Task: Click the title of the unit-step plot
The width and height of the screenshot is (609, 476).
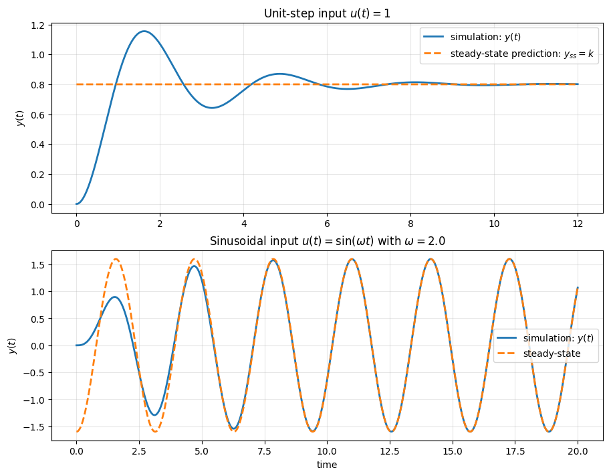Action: tap(328, 13)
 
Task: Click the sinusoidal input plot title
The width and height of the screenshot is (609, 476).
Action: tap(328, 241)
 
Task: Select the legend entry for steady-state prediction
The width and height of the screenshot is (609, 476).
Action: tap(509, 54)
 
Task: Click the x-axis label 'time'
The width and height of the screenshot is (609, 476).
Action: tap(327, 464)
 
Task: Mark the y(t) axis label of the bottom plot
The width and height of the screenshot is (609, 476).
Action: tap(13, 345)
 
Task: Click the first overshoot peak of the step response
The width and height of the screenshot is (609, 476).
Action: tap(143, 31)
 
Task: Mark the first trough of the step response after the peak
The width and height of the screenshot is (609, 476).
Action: tap(212, 108)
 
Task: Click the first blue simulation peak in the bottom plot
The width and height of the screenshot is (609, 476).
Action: tap(115, 297)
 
